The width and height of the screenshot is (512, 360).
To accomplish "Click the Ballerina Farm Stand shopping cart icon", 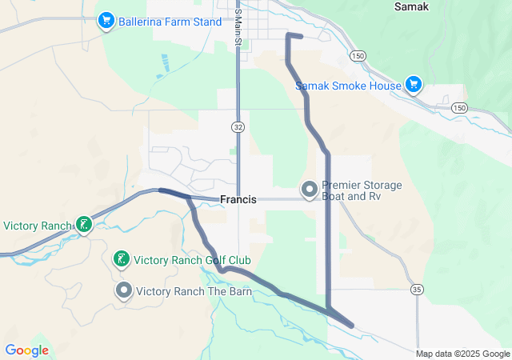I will pyautogui.click(x=106, y=20).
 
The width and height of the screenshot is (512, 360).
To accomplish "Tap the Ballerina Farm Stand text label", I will pyautogui.click(x=170, y=22).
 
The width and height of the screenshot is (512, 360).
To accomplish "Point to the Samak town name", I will pyautogui.click(x=412, y=6).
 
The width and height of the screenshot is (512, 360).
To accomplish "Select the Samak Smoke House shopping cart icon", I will pyautogui.click(x=413, y=84).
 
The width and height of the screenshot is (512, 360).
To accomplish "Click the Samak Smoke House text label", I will pyautogui.click(x=348, y=86).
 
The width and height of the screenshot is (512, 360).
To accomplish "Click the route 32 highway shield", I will pyautogui.click(x=238, y=127).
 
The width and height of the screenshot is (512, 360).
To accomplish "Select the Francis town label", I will pyautogui.click(x=238, y=199).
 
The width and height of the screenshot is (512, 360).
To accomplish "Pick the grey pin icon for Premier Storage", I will pyautogui.click(x=309, y=190).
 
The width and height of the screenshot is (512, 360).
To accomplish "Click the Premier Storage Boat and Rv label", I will pyautogui.click(x=362, y=190).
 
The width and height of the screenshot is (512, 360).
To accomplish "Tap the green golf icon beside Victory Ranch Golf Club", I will pyautogui.click(x=121, y=259).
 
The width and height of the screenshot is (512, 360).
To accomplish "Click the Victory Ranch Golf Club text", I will pyautogui.click(x=192, y=260).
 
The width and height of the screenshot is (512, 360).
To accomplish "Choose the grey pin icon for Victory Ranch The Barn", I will pyautogui.click(x=123, y=290).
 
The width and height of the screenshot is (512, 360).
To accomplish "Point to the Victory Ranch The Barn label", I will pyautogui.click(x=194, y=291).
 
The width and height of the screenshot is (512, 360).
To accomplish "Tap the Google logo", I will pyautogui.click(x=26, y=350).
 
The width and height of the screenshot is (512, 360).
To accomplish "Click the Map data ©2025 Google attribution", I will pyautogui.click(x=462, y=354).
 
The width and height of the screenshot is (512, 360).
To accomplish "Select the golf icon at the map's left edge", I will pyautogui.click(x=83, y=225).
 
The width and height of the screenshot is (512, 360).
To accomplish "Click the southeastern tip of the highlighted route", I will pyautogui.click(x=353, y=325).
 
